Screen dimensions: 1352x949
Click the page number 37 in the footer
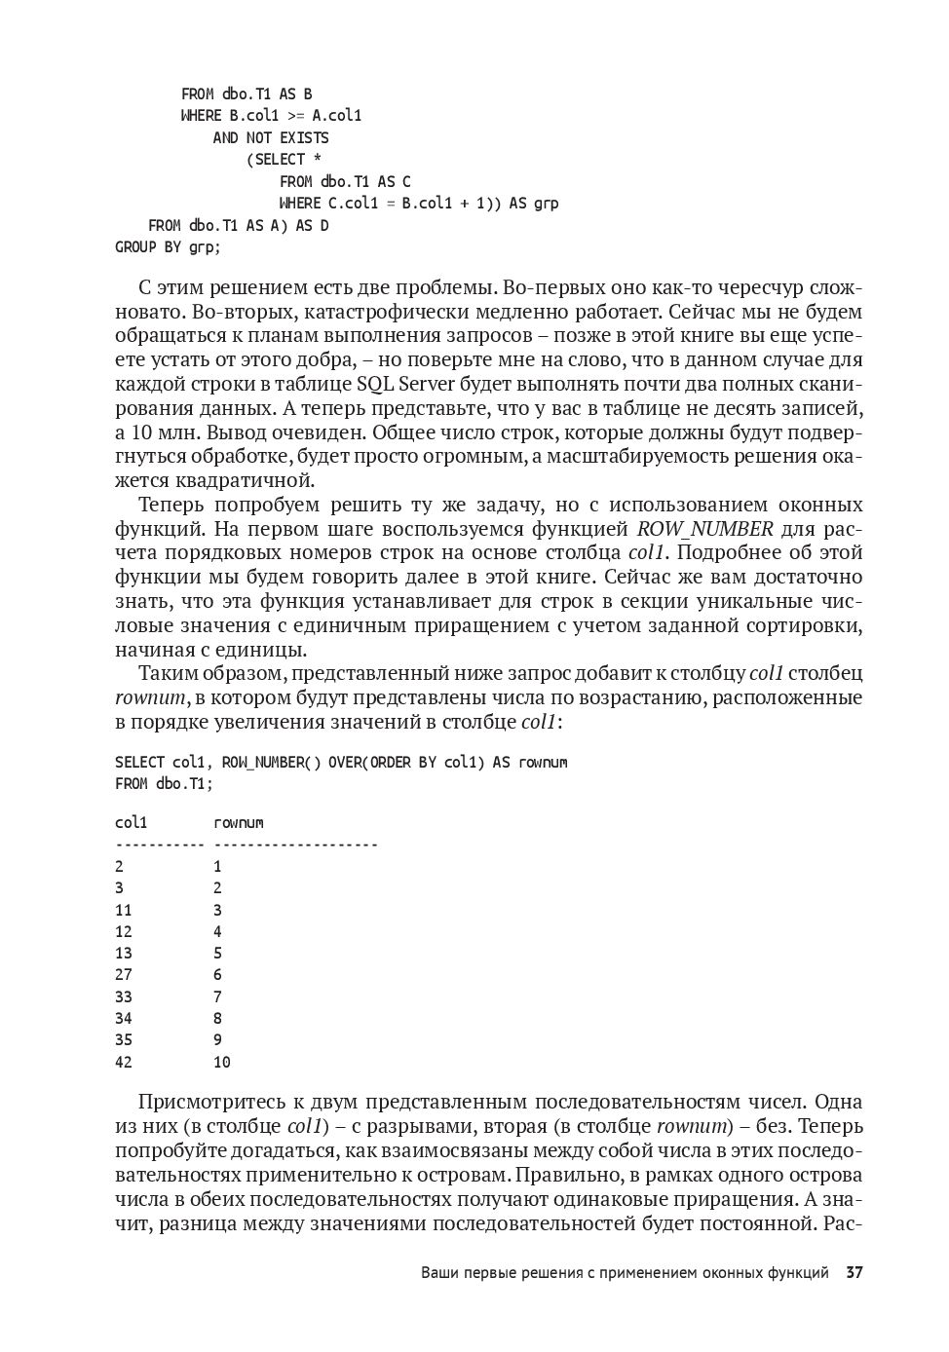[854, 1272]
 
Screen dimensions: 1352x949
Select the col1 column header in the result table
[131, 823]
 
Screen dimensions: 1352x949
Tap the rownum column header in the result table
[239, 823]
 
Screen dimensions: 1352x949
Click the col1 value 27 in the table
[124, 974]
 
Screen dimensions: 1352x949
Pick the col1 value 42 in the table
[124, 1062]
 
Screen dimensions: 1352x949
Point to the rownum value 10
[222, 1062]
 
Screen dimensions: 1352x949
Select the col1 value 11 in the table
[124, 910]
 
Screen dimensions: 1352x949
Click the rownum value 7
[217, 996]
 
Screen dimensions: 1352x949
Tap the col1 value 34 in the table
[124, 1018]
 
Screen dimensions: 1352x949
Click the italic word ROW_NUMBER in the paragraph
[704, 529]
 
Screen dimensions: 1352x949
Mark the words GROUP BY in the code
[148, 247]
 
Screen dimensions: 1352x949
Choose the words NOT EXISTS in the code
[287, 138]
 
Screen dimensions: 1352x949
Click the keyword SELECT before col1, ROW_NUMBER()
[139, 762]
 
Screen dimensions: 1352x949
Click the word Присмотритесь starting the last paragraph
[213, 1103]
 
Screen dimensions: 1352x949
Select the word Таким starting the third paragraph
[167, 673]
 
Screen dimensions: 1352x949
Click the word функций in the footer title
[796, 1272]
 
